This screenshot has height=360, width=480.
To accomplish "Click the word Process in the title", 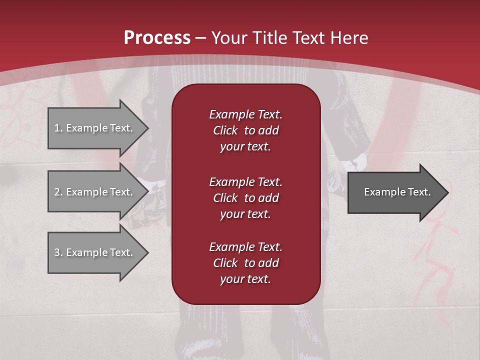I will click(157, 38).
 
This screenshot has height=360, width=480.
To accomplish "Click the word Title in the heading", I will click(268, 38).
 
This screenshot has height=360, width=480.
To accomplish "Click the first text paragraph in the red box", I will click(245, 130).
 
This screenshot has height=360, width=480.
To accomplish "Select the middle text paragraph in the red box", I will click(245, 197).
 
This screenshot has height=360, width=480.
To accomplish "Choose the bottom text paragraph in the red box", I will click(245, 263).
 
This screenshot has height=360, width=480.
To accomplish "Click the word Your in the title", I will click(229, 38).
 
